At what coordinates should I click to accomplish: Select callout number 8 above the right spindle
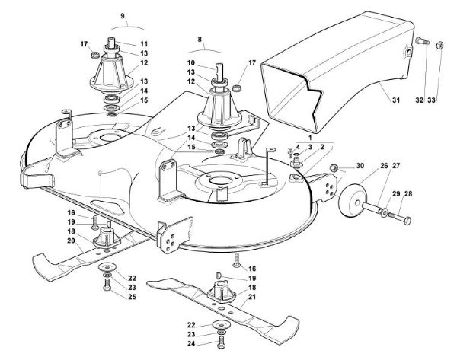pos(200,38)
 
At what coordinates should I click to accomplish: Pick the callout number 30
pos(360,167)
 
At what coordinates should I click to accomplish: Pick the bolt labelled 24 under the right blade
pos(221,343)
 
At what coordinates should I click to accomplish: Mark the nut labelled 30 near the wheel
pos(333,167)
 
